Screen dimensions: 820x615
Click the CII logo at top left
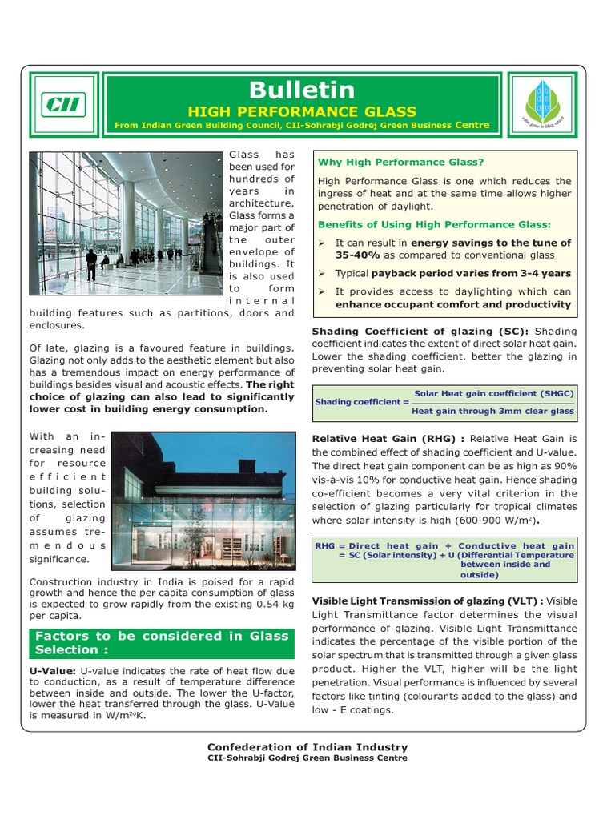65,104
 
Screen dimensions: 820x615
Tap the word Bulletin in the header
301,90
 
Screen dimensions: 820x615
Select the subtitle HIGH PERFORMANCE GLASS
301,111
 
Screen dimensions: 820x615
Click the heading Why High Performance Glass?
401,162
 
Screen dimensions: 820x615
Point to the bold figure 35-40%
357,255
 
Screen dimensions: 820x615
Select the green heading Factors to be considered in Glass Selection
160,643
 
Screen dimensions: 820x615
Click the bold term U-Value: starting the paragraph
53,670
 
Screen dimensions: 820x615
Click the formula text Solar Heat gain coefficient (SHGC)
493,394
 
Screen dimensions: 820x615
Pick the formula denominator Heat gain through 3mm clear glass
492,411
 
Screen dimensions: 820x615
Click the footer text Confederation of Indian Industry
307,747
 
